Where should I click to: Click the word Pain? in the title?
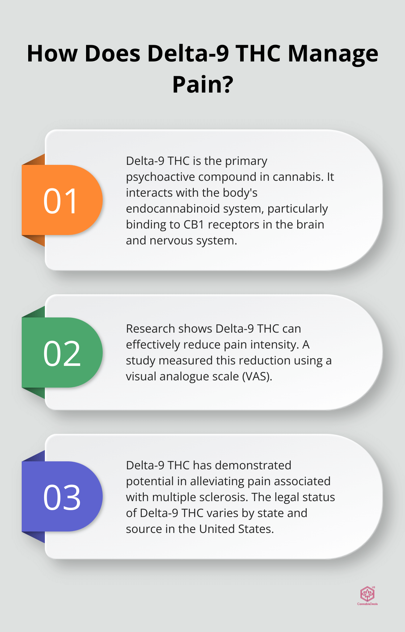pos(202,85)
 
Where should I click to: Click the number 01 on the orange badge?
pos(61,201)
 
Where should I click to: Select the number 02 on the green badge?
pos(62,354)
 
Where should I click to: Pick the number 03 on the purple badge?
pos(62,498)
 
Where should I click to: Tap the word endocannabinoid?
pos(168,209)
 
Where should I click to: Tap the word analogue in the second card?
pos(181,376)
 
